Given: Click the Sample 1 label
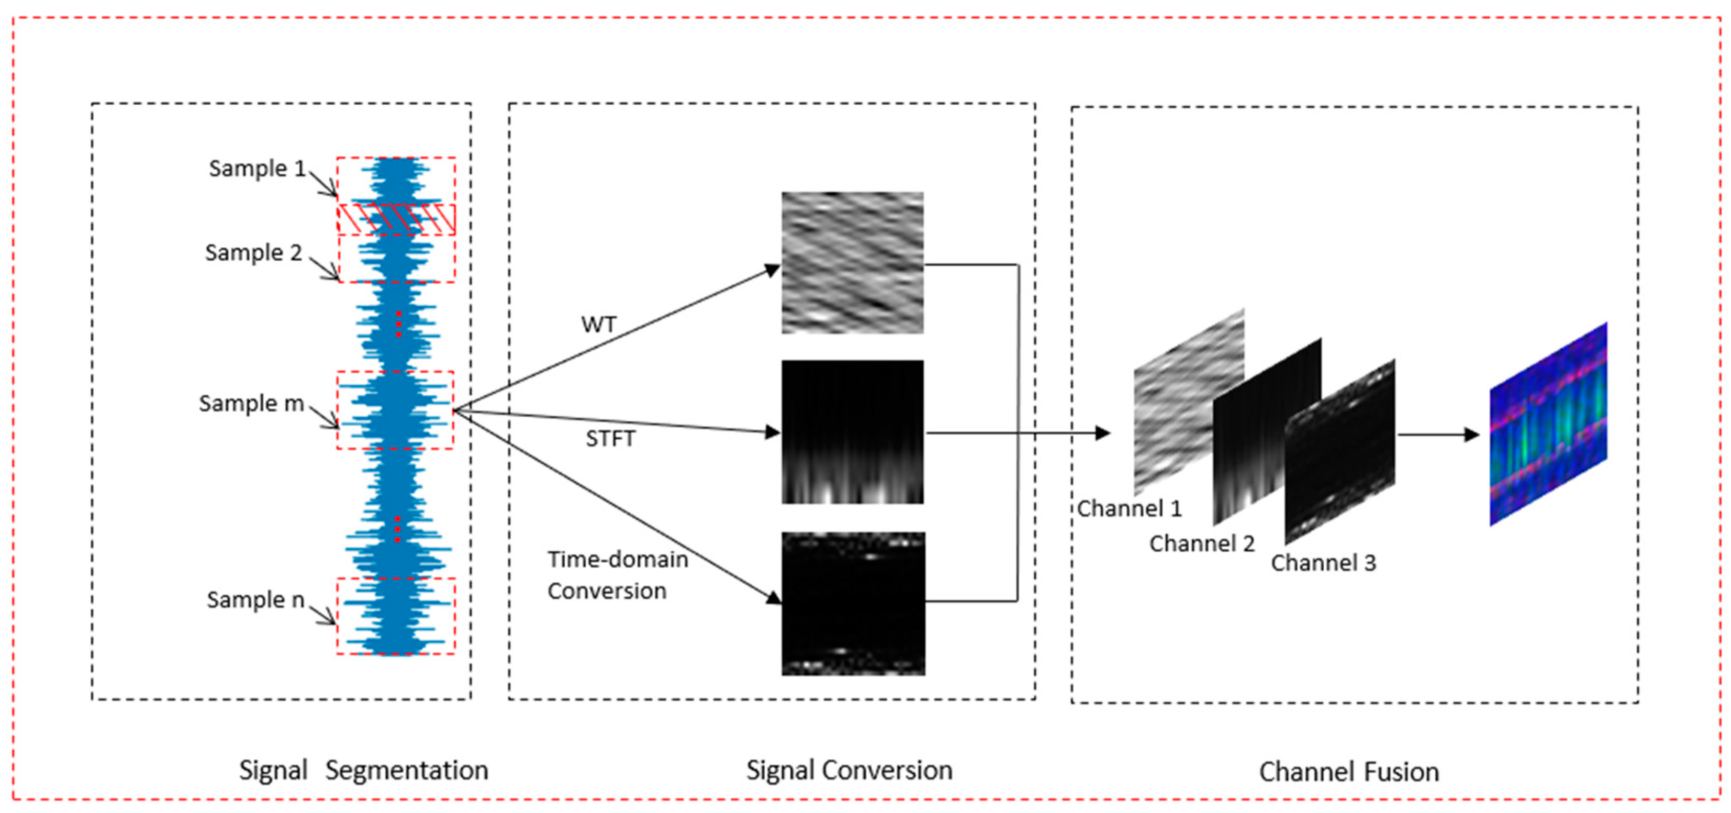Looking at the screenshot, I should tap(256, 169).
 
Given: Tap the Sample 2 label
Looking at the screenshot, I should tap(253, 253).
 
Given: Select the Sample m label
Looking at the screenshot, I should tap(251, 404).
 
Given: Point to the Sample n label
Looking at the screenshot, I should tap(255, 600).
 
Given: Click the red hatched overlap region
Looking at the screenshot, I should tap(396, 219).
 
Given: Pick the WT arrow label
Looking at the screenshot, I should tap(598, 325).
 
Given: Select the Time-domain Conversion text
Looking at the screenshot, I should tap(617, 575).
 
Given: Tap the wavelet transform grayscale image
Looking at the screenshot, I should tap(852, 263).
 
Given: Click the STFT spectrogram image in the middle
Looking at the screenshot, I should tap(852, 432).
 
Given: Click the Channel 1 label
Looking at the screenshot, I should tap(1129, 509).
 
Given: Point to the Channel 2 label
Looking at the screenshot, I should tap(1201, 543).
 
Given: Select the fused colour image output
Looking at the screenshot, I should tap(1548, 425).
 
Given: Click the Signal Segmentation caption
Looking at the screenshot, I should tap(364, 770).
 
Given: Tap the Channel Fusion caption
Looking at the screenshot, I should tap(1349, 772).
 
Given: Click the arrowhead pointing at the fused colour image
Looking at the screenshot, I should tap(1471, 435).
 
